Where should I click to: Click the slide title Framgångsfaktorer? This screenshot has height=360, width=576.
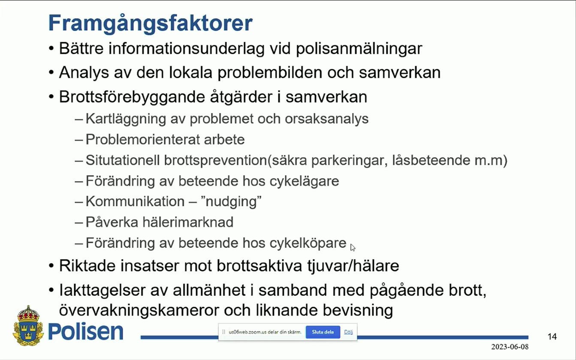tap(151, 24)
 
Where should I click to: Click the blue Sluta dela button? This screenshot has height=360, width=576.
tap(323, 332)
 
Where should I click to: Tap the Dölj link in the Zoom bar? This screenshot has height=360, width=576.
tap(348, 332)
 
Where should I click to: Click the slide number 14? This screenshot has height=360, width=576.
tap(552, 336)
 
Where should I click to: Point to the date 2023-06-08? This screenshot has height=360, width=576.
tap(510, 347)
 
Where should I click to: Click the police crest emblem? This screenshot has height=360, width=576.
tap(28, 326)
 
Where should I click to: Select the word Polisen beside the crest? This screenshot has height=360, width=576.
tap(86, 331)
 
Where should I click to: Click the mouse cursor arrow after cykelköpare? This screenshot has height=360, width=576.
tap(353, 248)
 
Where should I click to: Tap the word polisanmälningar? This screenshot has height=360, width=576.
tap(359, 49)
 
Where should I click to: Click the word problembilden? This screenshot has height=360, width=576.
tap(270, 73)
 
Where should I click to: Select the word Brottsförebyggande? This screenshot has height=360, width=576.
tap(132, 97)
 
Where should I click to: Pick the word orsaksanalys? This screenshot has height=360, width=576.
tap(326, 119)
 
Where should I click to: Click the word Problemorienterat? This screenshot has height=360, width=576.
tap(142, 140)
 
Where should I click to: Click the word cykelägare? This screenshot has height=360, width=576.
tap(304, 181)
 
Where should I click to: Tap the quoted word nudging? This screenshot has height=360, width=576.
tap(231, 202)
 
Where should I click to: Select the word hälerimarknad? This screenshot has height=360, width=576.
tap(188, 222)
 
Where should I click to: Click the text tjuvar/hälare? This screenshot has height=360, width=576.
tap(353, 266)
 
